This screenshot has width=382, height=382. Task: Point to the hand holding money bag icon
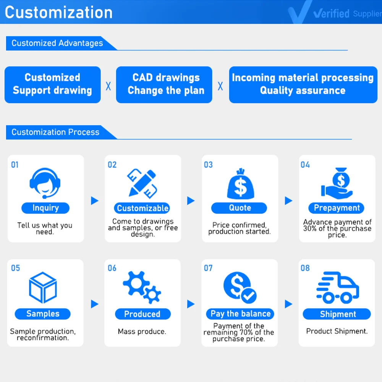[x=337, y=183]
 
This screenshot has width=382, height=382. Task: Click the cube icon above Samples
[x=43, y=288]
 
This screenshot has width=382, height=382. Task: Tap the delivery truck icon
[x=337, y=287]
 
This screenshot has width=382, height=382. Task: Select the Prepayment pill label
[x=337, y=208]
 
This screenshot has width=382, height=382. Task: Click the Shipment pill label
[x=337, y=314]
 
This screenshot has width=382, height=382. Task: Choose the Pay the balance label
[x=240, y=314]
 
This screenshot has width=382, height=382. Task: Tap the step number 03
[x=208, y=165]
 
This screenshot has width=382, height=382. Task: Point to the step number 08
[x=305, y=268]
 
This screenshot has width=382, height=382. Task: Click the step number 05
[x=15, y=268]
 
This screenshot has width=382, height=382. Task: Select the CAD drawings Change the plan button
[x=164, y=84]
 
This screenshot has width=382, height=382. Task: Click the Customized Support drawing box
[x=52, y=84]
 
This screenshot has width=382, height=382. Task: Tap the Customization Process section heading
[x=55, y=133]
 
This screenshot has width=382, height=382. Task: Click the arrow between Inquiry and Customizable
[x=94, y=201]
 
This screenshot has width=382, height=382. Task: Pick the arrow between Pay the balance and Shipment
[x=288, y=304]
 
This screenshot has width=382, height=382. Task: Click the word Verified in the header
[x=331, y=14]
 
